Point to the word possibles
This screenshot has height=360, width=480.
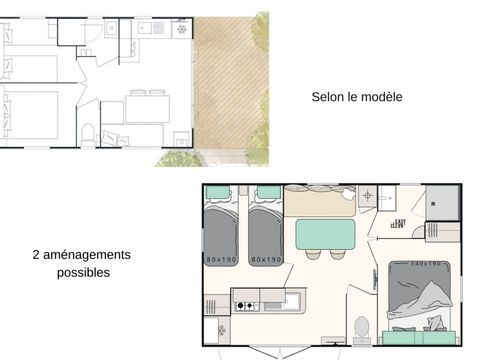point(84,272)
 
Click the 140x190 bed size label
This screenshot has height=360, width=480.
point(423,263)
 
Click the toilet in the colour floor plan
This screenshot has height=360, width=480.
point(363,329)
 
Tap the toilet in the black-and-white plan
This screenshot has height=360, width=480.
point(88,134)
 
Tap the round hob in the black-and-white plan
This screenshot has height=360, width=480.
point(181,29)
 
